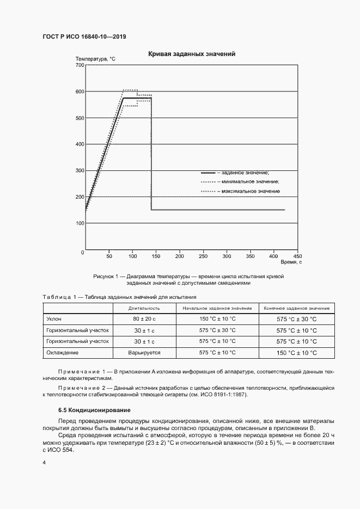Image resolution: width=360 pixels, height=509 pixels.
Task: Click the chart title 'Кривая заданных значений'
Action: [192, 54]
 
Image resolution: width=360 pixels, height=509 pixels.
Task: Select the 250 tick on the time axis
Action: [203, 256]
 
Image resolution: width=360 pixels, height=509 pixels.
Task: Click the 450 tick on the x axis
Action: [297, 256]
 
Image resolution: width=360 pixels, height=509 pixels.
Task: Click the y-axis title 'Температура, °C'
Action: [95, 59]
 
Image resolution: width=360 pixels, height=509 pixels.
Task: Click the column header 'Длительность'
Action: [144, 309]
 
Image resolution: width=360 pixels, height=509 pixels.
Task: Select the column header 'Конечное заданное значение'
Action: [296, 309]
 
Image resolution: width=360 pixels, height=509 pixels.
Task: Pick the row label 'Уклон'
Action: [54, 319]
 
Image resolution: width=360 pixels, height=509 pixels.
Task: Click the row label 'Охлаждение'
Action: [63, 353]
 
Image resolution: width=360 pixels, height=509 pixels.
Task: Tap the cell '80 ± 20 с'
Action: [144, 319]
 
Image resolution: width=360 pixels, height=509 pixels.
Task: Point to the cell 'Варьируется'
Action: [144, 353]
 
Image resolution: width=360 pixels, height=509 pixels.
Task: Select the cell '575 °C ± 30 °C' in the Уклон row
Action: [296, 319]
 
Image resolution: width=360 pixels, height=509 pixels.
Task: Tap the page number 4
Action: [44, 462]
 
